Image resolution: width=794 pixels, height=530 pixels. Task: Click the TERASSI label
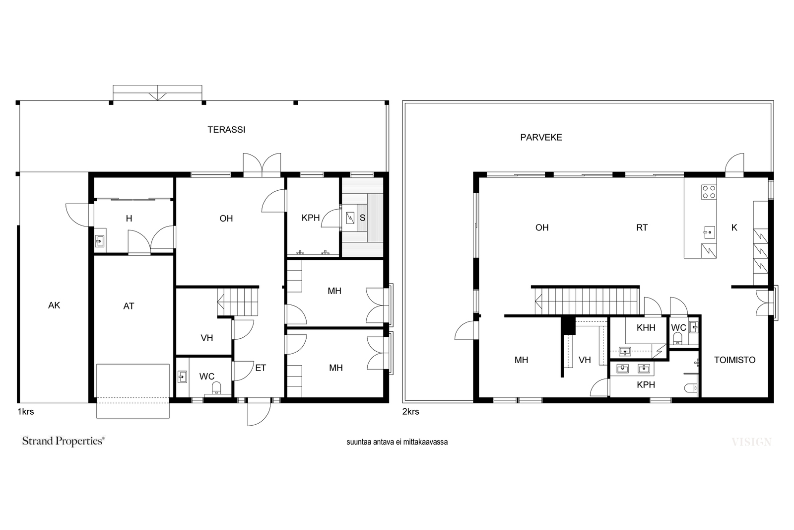(226, 130)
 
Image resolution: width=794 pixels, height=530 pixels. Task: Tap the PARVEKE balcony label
(541, 138)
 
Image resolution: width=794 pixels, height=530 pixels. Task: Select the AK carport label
(54, 305)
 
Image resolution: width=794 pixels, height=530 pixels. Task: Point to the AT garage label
(129, 306)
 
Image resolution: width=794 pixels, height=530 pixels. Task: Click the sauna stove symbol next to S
(350, 218)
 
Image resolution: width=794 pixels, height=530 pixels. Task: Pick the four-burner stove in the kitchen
(709, 192)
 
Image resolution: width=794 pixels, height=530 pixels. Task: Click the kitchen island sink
(709, 232)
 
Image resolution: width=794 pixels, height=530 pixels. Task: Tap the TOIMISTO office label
(734, 360)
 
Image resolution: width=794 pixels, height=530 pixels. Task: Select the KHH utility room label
(646, 328)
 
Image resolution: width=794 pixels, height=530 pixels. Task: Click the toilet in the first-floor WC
(216, 388)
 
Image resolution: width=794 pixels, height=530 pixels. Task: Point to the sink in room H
(100, 241)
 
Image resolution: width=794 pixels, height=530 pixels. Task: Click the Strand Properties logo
(64, 441)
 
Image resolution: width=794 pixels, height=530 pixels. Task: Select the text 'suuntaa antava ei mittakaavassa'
(397, 442)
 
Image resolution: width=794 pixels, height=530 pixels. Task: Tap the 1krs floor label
(26, 412)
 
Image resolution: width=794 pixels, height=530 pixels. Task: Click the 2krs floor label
(411, 412)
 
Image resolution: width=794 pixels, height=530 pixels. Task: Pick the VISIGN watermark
(751, 442)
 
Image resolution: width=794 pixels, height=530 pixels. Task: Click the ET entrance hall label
(261, 368)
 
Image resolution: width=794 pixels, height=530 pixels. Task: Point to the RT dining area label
(642, 228)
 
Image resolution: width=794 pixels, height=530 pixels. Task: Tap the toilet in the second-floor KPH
(692, 388)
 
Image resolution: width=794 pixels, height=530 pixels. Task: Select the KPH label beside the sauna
(311, 218)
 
